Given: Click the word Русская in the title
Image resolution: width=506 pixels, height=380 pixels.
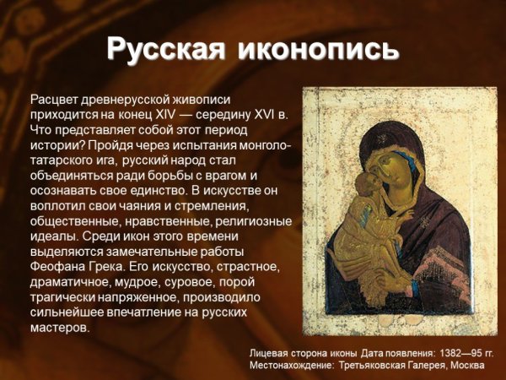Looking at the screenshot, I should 165,49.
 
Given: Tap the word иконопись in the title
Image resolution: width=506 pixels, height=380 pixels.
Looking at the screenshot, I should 318,49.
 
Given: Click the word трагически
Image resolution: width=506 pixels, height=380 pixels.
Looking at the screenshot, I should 63,296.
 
